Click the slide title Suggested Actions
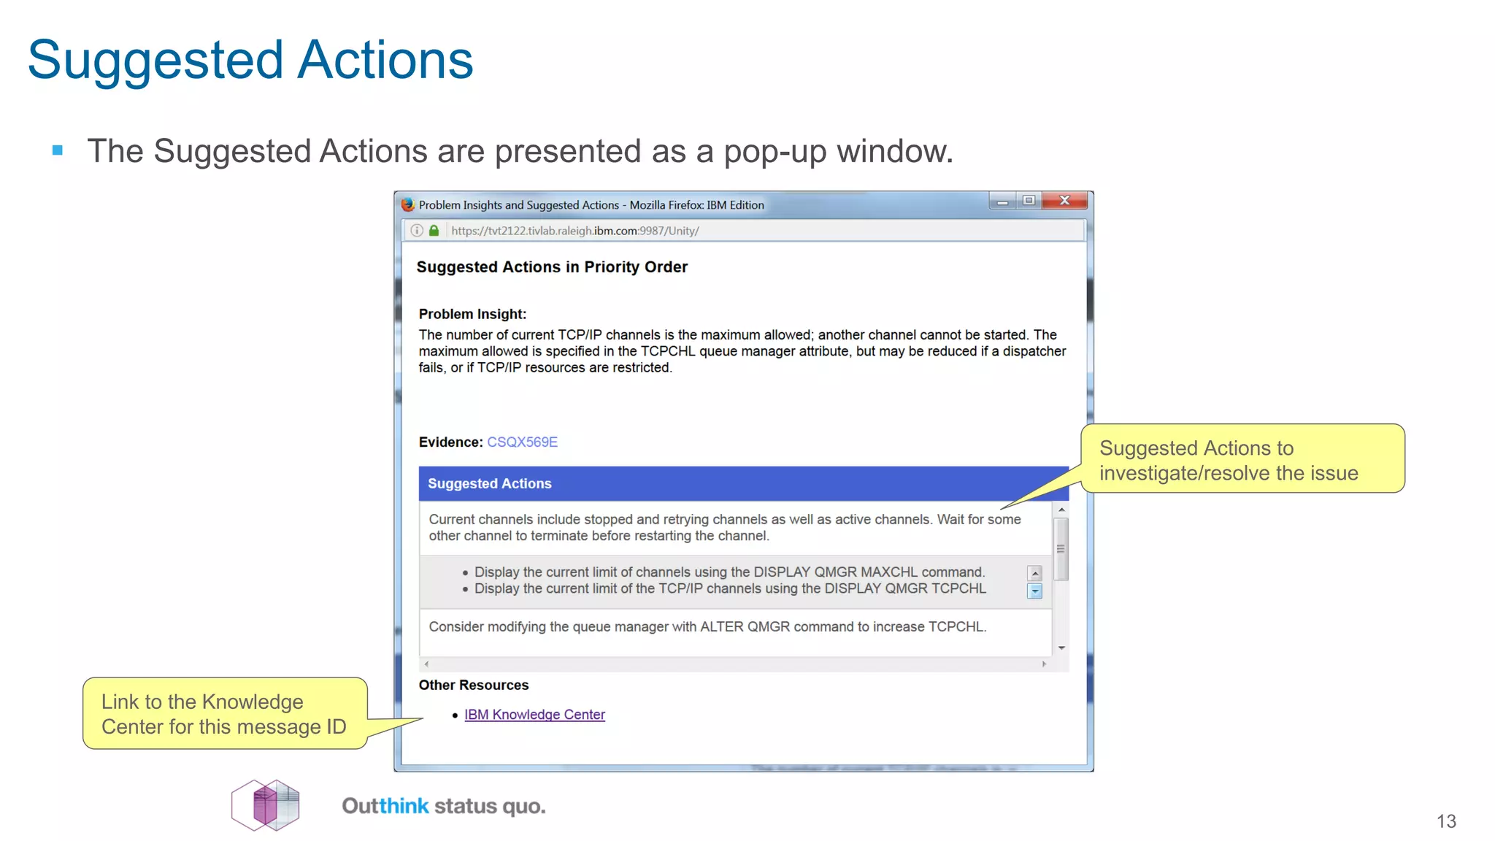[250, 60]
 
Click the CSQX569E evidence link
[522, 442]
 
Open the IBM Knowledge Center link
[534, 715]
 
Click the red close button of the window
[1064, 200]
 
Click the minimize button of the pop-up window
[1002, 201]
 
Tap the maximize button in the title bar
[1029, 200]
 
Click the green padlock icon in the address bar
[434, 231]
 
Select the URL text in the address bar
[574, 231]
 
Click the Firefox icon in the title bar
[408, 205]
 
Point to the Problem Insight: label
[472, 314]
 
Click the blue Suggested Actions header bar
[743, 483]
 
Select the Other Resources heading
[473, 685]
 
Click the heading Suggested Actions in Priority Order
[552, 267]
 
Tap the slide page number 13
[1446, 821]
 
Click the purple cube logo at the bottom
[266, 805]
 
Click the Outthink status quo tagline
[444, 806]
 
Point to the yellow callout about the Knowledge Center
[224, 714]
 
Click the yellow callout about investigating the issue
[1241, 460]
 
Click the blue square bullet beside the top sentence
[58, 151]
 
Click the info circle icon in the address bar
[417, 231]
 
